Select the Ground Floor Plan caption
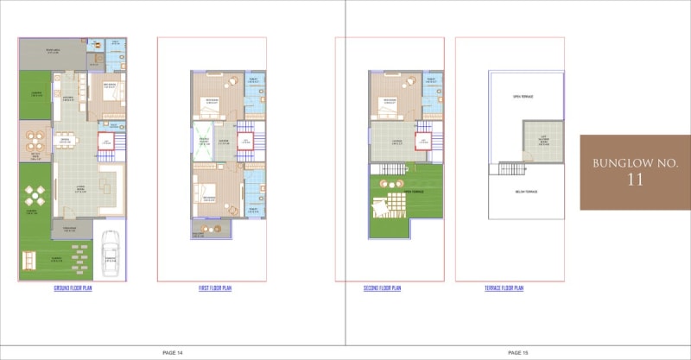[73, 287]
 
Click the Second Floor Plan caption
[383, 287]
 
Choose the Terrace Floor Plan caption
[504, 287]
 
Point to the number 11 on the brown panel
[636, 180]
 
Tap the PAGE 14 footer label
[173, 352]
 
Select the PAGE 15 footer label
[518, 352]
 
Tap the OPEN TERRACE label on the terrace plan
[523, 96]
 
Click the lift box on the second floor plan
[423, 140]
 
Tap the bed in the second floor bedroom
[388, 108]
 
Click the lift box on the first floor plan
[245, 140]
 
